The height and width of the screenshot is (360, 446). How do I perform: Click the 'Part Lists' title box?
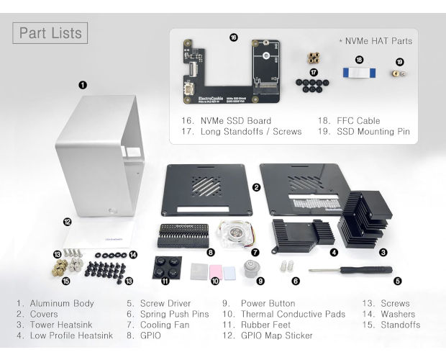point(50,32)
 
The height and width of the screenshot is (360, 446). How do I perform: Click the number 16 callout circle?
point(233,38)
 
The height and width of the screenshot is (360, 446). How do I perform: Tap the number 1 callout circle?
point(83,85)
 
